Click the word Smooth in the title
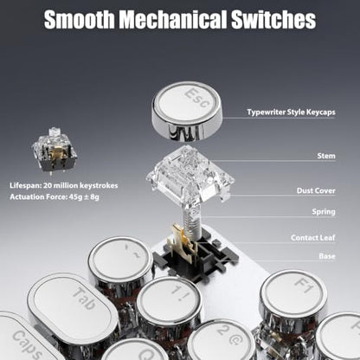pyautogui.click(x=80, y=19)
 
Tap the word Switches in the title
pyautogui.click(x=273, y=19)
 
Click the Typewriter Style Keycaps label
pyautogui.click(x=291, y=112)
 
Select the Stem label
pyautogui.click(x=326, y=156)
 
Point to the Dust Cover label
pyautogui.click(x=316, y=190)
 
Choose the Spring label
pyautogui.click(x=324, y=212)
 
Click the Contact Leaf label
pyautogui.click(x=313, y=238)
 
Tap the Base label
pyautogui.click(x=327, y=256)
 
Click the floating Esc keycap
pyautogui.click(x=187, y=111)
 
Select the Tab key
pyautogui.click(x=74, y=305)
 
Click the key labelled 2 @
pyautogui.click(x=222, y=340)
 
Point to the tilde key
pyautogui.click(x=120, y=262)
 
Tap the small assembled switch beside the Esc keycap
pyautogui.click(x=55, y=151)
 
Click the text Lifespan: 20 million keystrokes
pyautogui.click(x=64, y=185)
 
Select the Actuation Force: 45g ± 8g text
pyautogui.click(x=55, y=197)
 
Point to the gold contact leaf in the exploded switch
pyautogui.click(x=182, y=240)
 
